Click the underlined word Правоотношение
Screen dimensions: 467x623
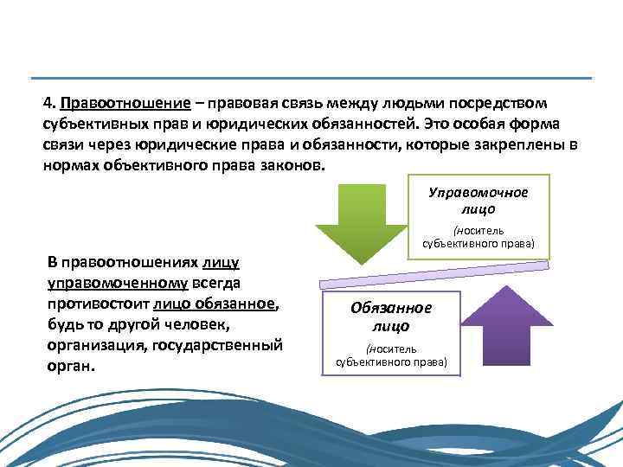click(x=125, y=103)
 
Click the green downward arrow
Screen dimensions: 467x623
click(x=361, y=216)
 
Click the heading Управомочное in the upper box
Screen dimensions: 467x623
click(x=478, y=192)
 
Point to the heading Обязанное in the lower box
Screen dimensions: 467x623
click(x=391, y=309)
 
